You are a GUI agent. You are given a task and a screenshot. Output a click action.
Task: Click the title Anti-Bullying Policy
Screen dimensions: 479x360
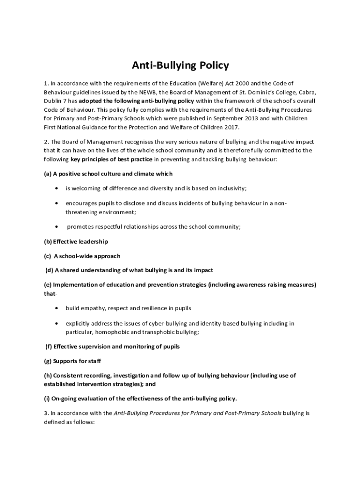[180, 65]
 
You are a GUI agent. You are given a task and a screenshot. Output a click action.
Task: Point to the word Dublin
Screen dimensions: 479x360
[53, 101]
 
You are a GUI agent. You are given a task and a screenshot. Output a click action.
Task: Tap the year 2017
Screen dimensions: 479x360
[230, 127]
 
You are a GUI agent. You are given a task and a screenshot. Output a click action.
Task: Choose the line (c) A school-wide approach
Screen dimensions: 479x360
[82, 256]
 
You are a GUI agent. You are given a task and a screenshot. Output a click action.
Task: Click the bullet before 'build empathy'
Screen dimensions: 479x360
[57, 309]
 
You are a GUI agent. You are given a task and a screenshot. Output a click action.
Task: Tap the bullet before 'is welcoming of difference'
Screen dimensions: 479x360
[57, 189]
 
